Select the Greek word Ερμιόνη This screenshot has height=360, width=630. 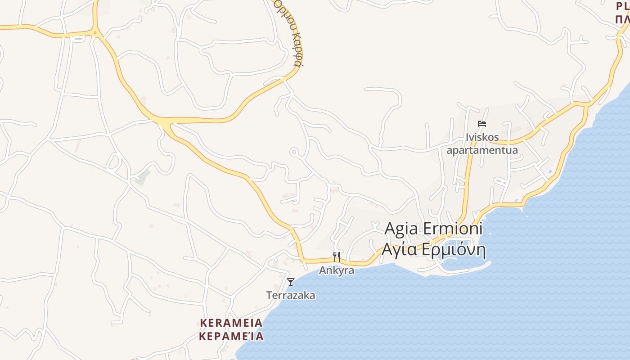[454, 250]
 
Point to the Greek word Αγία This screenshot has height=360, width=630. [398, 250]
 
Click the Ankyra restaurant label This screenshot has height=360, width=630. [337, 271]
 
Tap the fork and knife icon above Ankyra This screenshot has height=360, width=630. [337, 256]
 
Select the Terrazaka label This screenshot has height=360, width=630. [291, 296]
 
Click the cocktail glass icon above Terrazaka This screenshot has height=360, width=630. [291, 282]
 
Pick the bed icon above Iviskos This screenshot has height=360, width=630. [482, 123]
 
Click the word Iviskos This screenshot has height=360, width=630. [482, 137]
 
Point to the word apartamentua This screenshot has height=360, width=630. [482, 150]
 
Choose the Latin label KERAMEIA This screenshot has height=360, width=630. [231, 323]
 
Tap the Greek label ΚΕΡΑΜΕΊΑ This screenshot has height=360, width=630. [231, 336]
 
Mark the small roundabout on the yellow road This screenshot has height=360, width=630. [95, 32]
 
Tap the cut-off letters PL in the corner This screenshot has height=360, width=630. [623, 7]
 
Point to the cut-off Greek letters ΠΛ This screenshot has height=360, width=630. [623, 19]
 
